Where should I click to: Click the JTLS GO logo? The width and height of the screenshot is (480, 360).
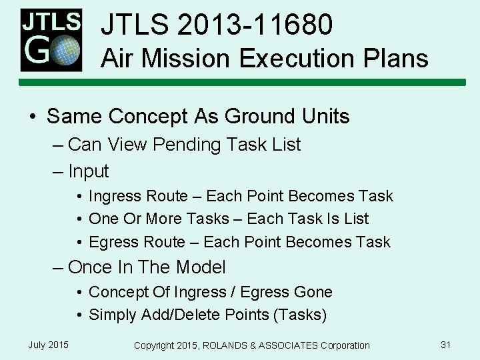click(51, 40)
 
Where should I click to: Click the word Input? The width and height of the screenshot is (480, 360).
click(88, 171)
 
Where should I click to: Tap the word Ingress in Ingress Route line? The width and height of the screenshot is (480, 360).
click(114, 197)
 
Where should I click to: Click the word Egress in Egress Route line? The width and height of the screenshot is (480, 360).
click(113, 242)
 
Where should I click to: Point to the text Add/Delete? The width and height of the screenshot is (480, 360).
click(177, 315)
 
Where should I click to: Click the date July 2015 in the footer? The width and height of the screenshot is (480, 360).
click(48, 345)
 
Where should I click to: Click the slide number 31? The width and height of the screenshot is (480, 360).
click(446, 345)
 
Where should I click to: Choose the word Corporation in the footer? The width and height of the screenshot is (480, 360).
click(342, 345)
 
